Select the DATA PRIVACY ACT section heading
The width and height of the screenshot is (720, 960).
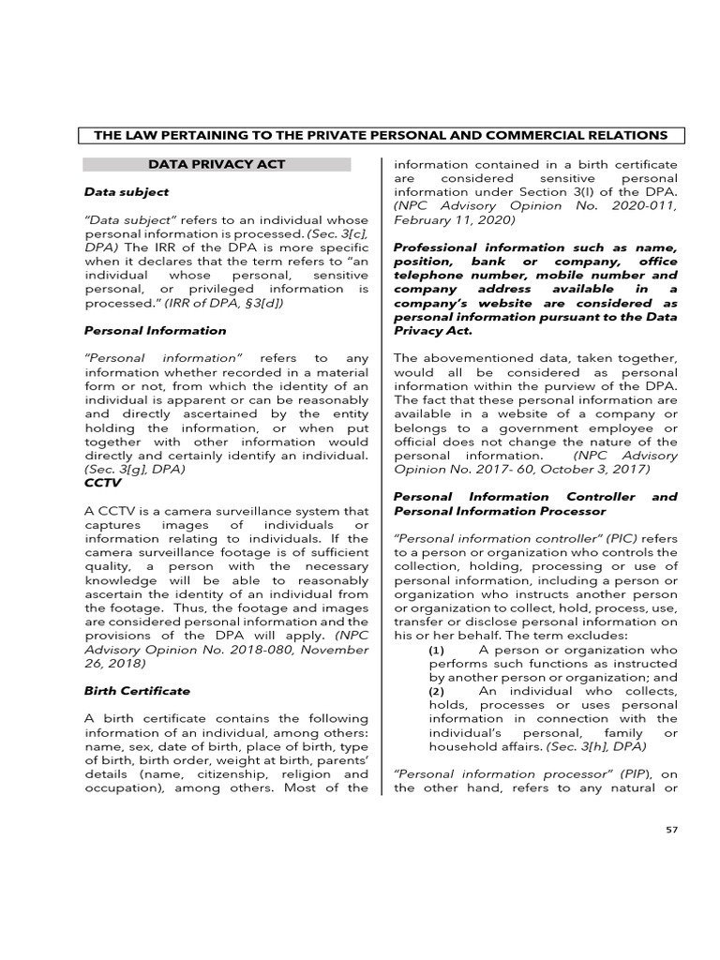(217, 164)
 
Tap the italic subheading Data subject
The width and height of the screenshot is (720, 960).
(127, 191)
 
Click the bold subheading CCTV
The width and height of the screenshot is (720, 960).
(102, 482)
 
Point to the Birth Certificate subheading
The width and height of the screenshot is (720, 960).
(137, 690)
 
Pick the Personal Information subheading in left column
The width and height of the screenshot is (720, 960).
(155, 330)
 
